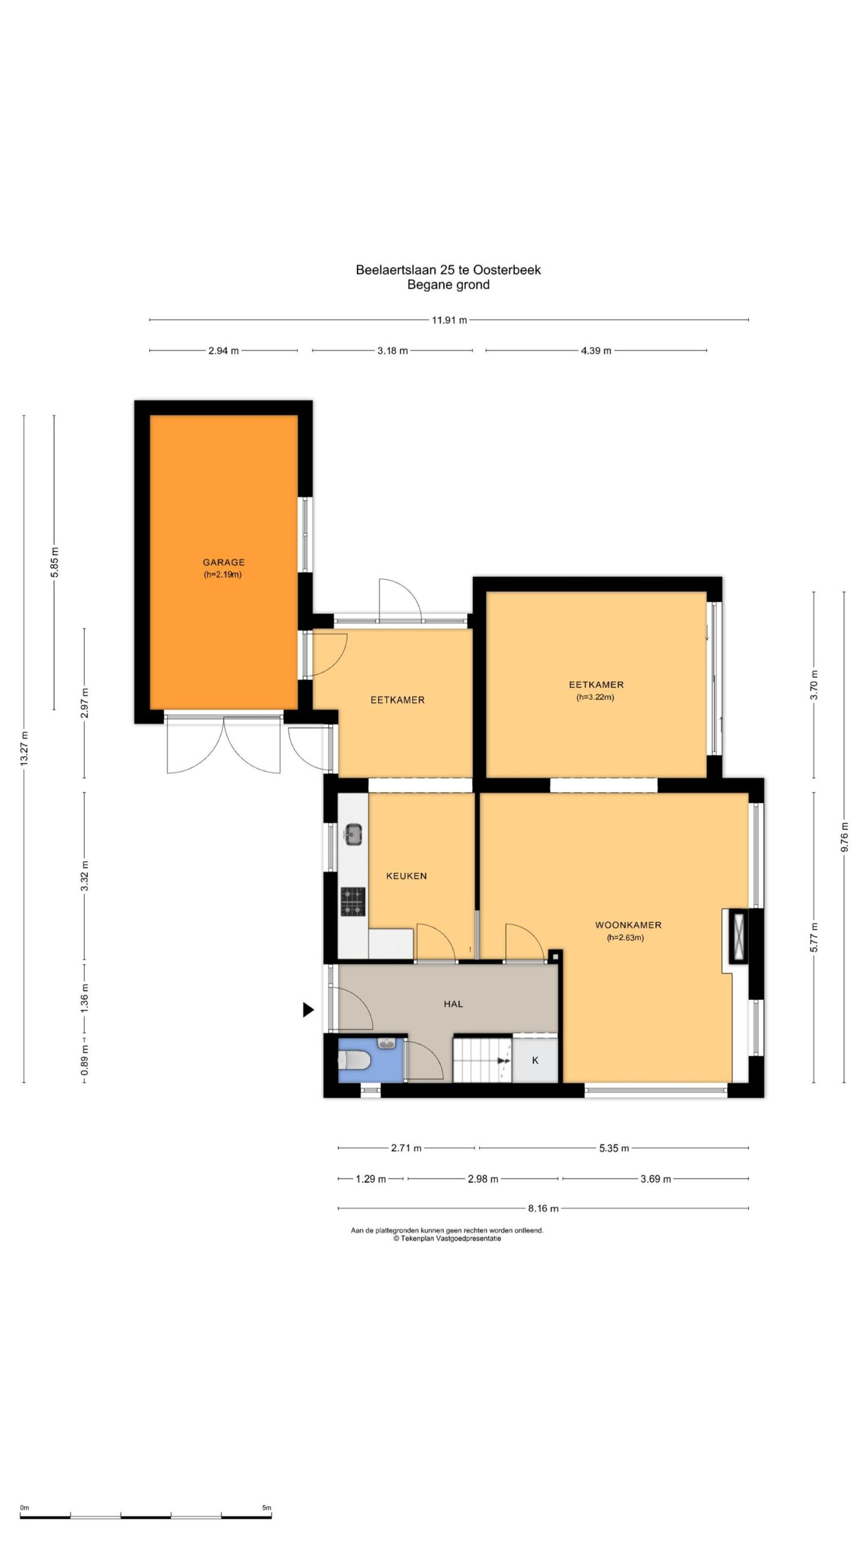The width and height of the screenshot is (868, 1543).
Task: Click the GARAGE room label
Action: tap(223, 562)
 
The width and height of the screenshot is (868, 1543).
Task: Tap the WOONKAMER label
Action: tap(628, 925)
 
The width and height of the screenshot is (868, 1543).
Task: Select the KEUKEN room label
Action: tap(406, 876)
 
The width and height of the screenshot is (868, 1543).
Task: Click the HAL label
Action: tap(453, 1004)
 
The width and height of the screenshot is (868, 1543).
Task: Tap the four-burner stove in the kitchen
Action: tap(353, 902)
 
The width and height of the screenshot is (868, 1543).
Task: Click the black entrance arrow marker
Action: tap(308, 1010)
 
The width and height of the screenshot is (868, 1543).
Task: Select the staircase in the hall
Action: tap(482, 1059)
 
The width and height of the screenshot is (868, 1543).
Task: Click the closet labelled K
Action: tap(535, 1060)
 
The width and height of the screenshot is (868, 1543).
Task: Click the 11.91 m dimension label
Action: tap(449, 320)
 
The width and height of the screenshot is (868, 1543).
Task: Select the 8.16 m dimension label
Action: tap(543, 1208)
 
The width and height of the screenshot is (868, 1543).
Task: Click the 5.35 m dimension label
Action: tap(614, 1148)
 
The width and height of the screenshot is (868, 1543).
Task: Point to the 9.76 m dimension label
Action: tap(844, 837)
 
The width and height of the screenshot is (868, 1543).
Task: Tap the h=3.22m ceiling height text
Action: tap(596, 697)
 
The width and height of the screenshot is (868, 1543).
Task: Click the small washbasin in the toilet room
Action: tap(386, 1042)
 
